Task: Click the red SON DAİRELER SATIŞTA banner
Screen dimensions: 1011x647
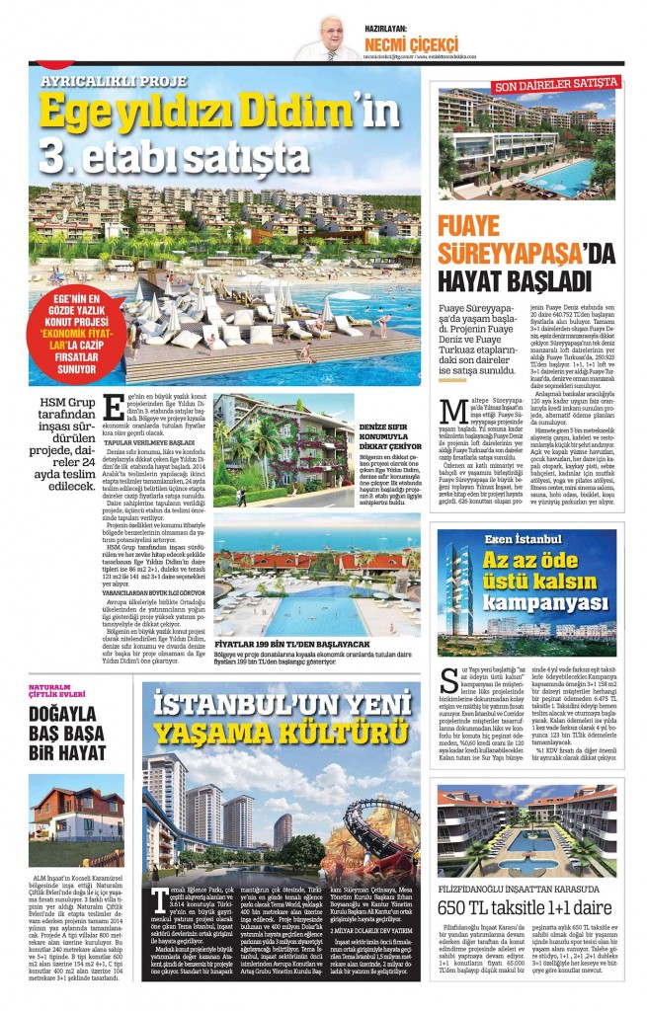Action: coord(548,87)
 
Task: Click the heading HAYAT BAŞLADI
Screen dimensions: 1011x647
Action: coord(515,278)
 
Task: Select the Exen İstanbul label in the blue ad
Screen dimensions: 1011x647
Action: coord(523,538)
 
